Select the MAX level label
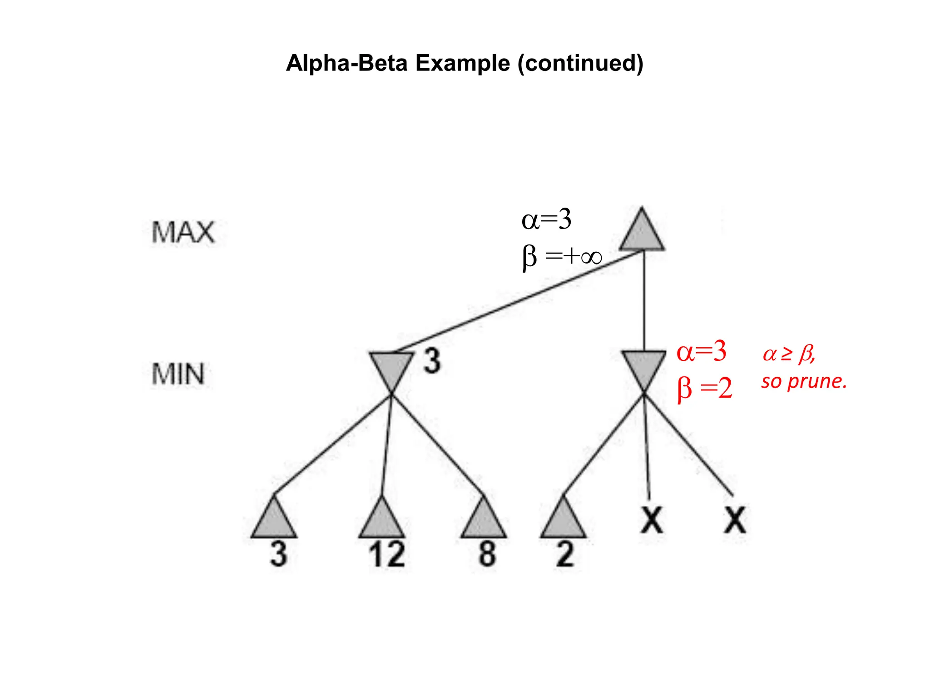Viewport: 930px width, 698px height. click(183, 232)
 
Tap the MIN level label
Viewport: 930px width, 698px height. click(178, 374)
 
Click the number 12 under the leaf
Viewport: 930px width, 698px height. click(386, 554)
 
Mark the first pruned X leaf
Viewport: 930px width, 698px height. click(652, 520)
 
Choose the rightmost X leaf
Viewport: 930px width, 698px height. click(735, 520)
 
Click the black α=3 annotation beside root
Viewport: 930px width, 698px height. click(546, 219)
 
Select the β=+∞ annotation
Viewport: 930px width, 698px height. click(562, 257)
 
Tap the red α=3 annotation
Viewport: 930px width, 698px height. click(702, 351)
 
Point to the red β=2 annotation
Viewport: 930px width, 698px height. click(705, 389)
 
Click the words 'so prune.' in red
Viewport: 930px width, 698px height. click(804, 382)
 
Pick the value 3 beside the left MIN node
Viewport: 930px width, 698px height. click(432, 361)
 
